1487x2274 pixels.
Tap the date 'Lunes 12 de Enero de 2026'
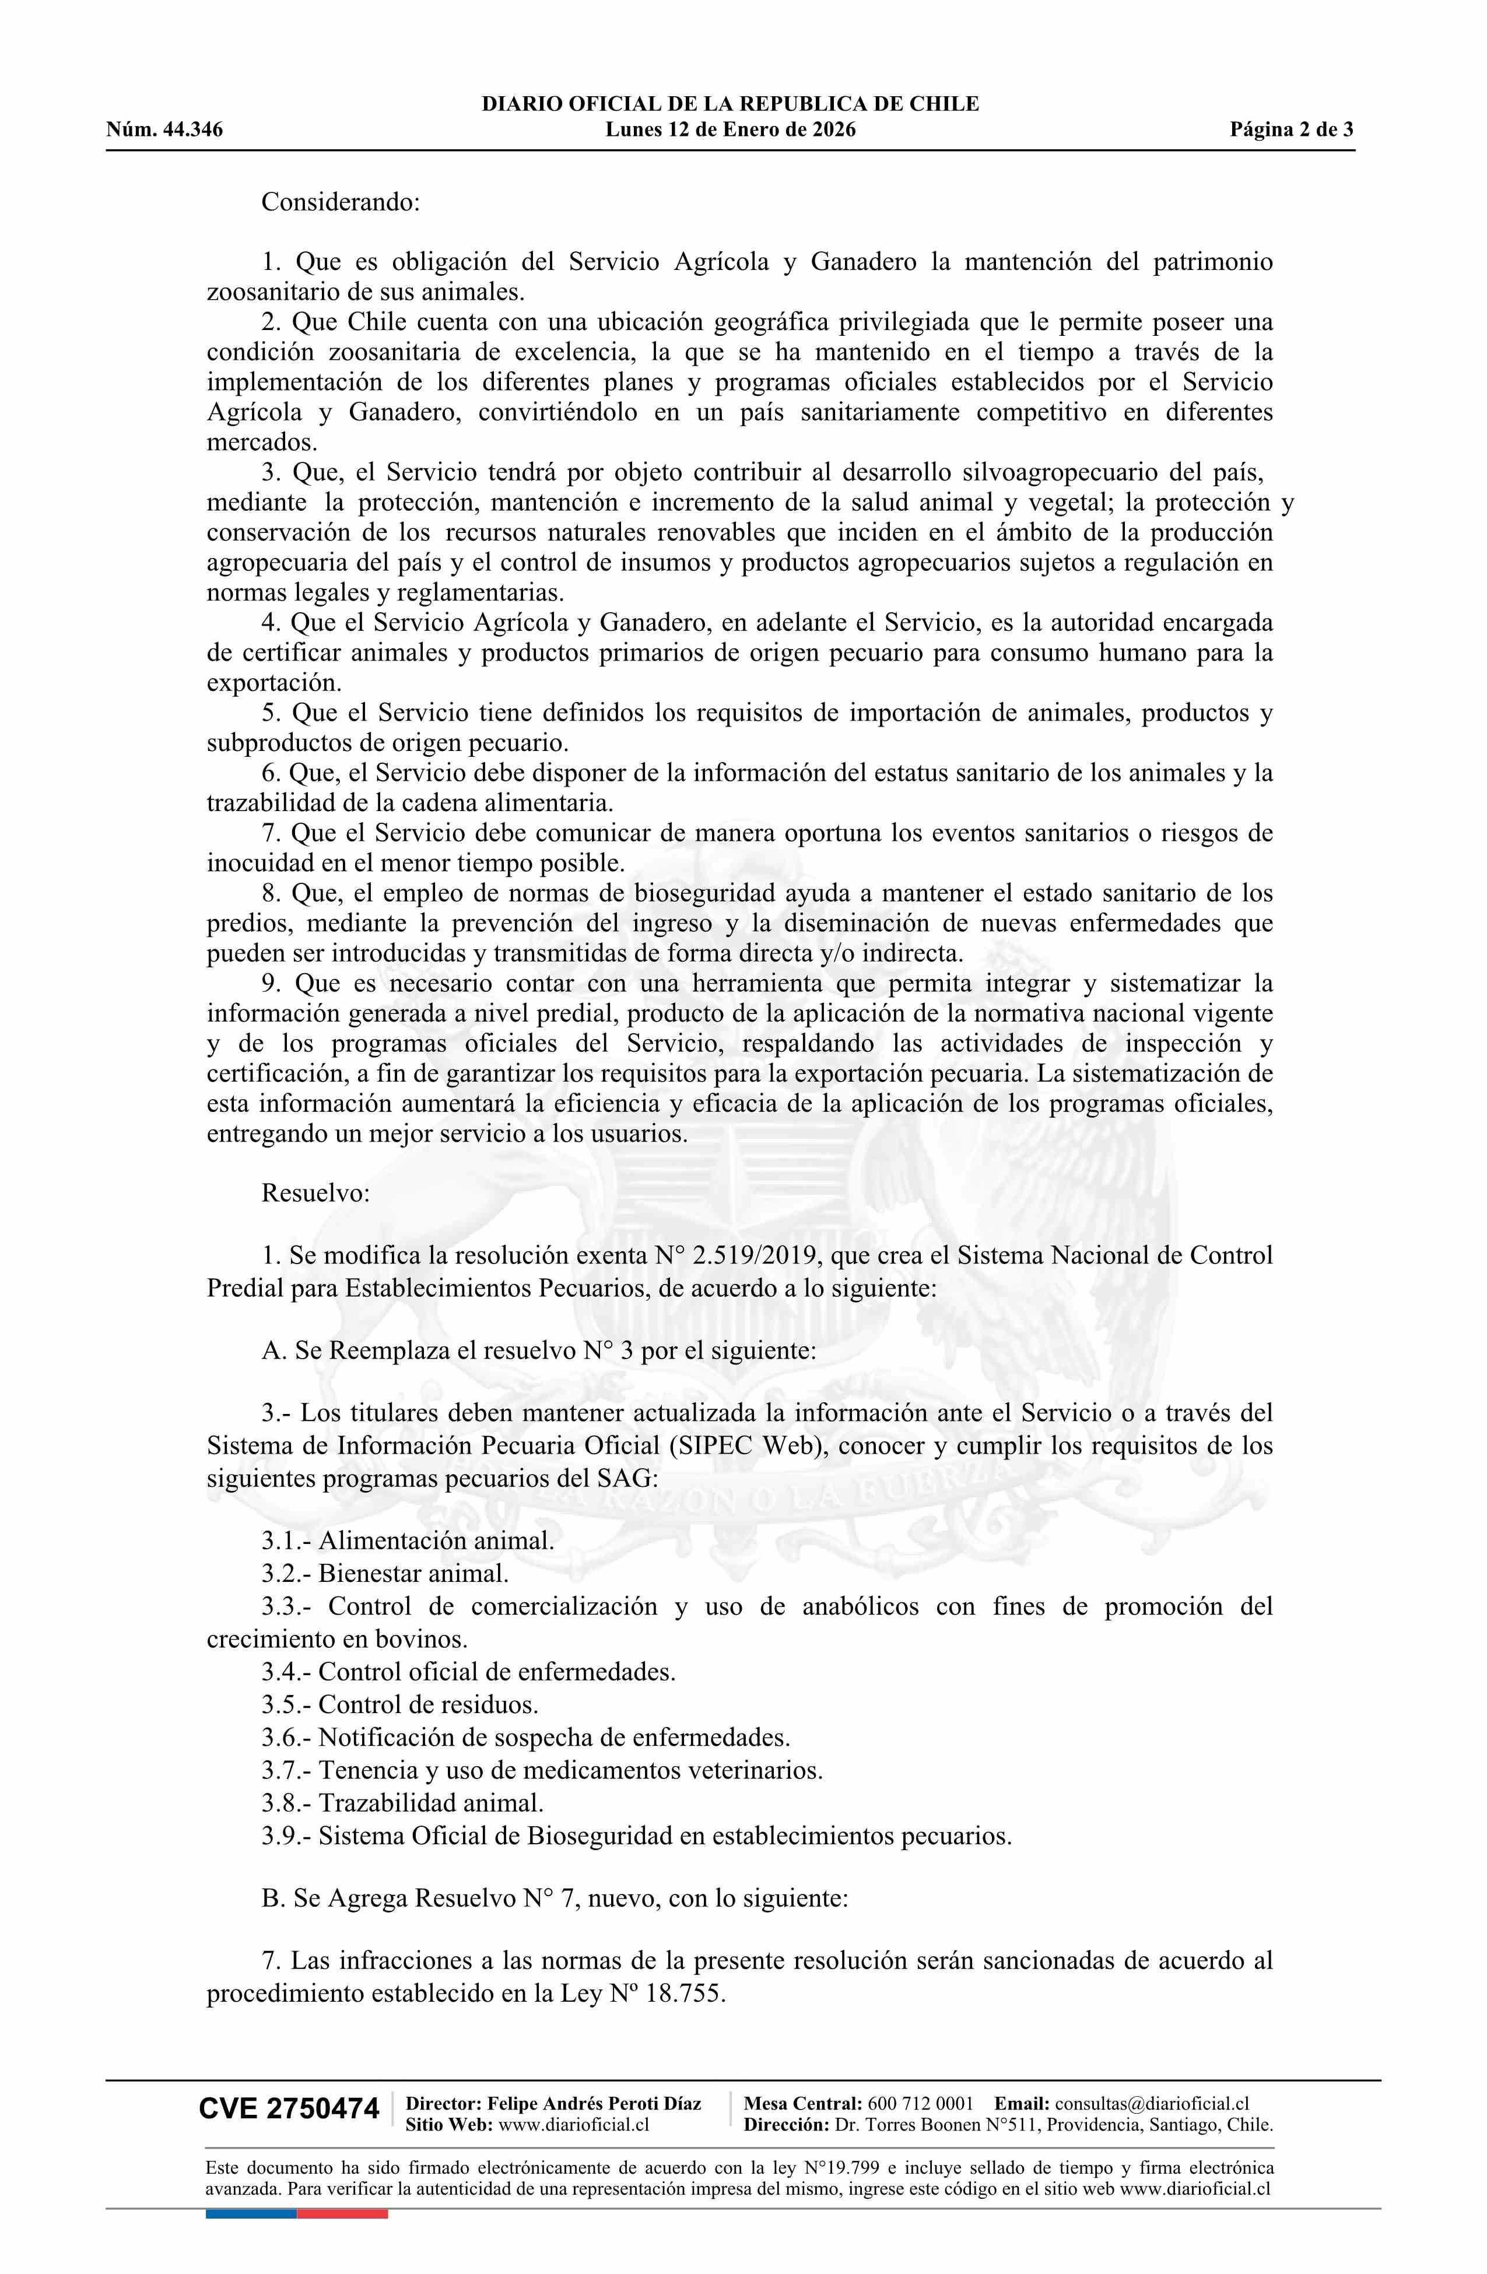pos(730,130)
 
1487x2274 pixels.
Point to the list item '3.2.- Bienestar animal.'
pos(385,1573)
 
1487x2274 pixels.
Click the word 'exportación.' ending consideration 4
pos(274,683)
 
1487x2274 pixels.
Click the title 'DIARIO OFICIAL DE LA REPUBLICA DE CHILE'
pos(730,104)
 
